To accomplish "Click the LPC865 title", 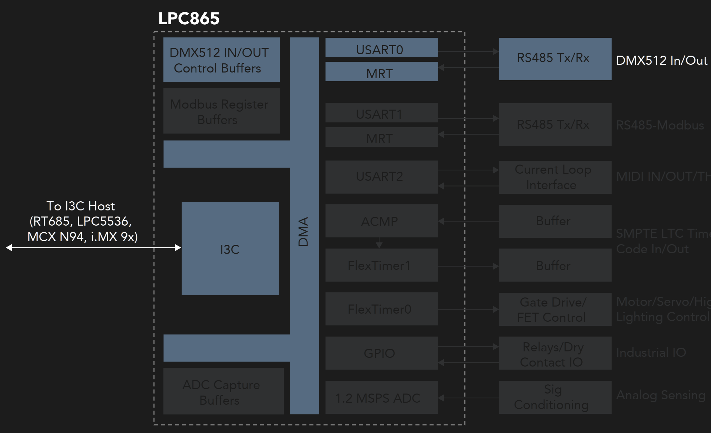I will (x=189, y=19).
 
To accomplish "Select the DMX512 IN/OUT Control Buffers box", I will (x=221, y=60).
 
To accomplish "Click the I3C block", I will (x=230, y=249).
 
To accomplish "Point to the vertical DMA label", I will (x=303, y=232).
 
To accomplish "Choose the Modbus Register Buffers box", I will (x=221, y=111).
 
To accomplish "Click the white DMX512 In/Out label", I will (x=661, y=60).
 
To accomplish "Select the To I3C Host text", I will (x=81, y=206).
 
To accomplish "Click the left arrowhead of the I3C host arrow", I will (x=9, y=248).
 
